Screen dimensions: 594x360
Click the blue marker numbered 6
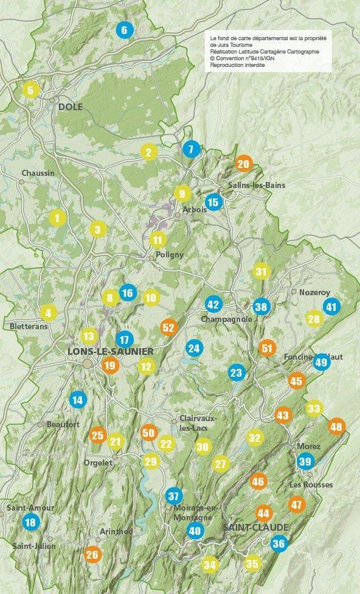[x=124, y=30]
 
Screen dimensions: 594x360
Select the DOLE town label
[x=70, y=107]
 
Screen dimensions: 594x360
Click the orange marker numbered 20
[x=243, y=164]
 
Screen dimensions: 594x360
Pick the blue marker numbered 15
[x=213, y=202]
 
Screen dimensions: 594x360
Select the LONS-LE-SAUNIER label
[x=110, y=352]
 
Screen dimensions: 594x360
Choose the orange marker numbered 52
[x=168, y=327]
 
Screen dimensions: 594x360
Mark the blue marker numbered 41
[x=331, y=307]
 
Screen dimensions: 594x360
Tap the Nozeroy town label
[x=314, y=292]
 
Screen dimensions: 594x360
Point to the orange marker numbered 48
[x=336, y=426]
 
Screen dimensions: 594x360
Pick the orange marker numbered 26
[x=92, y=554]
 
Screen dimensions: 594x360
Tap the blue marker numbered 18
[x=30, y=522]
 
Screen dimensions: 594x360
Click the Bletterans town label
[x=29, y=326]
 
